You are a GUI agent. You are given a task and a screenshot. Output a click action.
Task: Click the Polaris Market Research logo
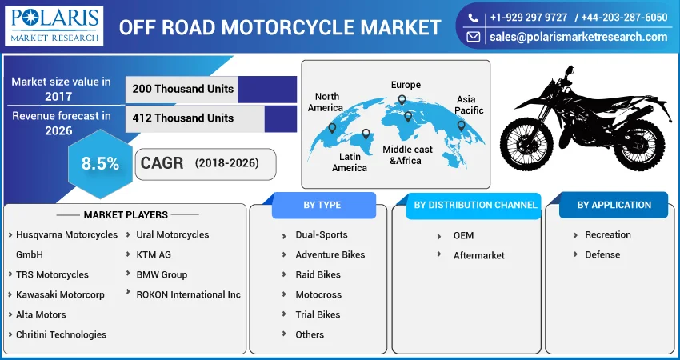[x=54, y=26]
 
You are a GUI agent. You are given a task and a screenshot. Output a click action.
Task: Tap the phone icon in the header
[x=473, y=18]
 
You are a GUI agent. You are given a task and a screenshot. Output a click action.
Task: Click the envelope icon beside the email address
[x=473, y=37]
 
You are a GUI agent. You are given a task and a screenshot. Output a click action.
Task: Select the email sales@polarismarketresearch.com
[x=578, y=37]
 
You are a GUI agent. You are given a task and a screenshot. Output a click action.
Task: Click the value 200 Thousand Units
[x=183, y=89]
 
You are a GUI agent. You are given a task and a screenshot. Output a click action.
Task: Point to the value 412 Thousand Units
[x=183, y=118]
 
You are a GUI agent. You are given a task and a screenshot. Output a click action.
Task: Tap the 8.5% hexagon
[x=100, y=163]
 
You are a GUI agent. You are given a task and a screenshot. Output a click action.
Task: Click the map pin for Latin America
[x=366, y=134]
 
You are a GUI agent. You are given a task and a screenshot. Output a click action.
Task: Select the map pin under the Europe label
[x=402, y=100]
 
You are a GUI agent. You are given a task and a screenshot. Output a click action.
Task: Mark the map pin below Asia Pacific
[x=461, y=126]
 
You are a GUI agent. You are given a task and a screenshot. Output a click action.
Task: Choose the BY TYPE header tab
[x=322, y=205]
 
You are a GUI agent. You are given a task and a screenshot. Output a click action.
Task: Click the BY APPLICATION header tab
[x=614, y=205]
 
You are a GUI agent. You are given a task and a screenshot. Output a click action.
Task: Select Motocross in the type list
[x=318, y=294]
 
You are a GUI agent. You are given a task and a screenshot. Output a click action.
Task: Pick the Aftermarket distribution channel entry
[x=478, y=255]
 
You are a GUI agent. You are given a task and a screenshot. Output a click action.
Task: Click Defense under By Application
[x=602, y=254]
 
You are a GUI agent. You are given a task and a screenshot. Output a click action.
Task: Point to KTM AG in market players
[x=154, y=254]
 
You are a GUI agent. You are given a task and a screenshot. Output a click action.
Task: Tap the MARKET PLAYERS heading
[x=126, y=214]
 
